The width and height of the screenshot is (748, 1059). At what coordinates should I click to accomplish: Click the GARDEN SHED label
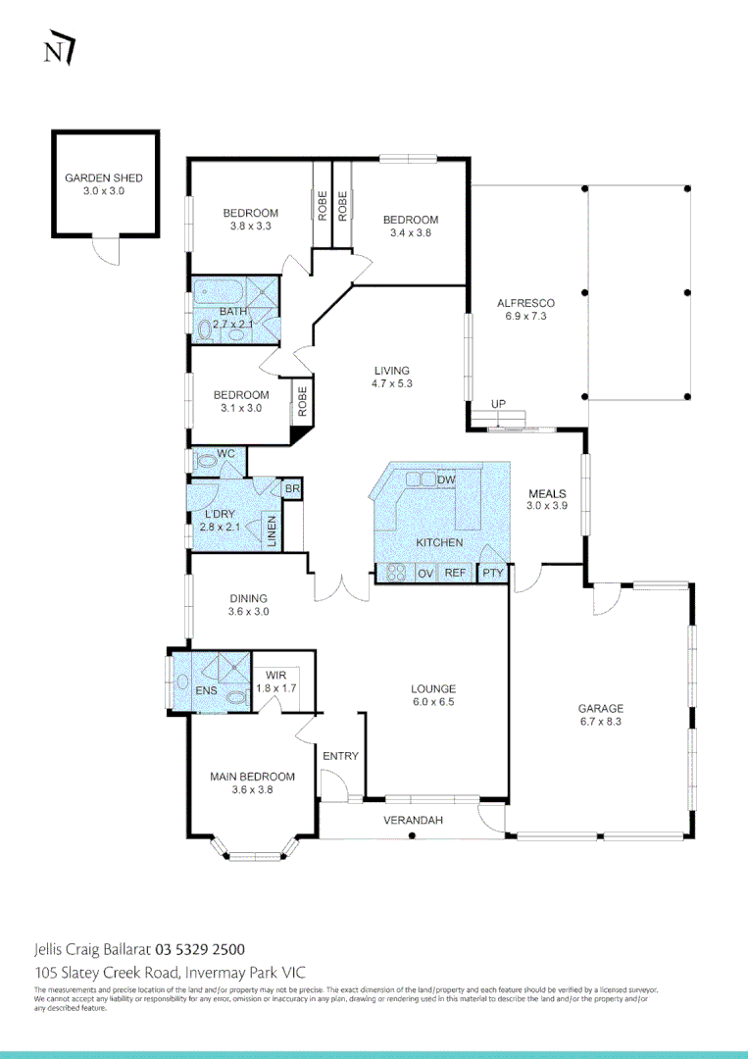point(103,178)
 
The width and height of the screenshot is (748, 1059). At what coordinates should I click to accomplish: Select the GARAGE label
point(600,708)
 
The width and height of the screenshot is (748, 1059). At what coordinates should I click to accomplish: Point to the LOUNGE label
point(432,688)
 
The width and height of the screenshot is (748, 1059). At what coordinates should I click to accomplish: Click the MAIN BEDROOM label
point(252,777)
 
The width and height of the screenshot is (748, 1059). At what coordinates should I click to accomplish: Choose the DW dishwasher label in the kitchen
point(446,479)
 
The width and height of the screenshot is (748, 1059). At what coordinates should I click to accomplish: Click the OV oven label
point(425,573)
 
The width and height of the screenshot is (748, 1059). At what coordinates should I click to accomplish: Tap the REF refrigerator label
point(455,573)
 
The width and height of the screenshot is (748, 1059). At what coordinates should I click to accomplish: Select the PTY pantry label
point(491,573)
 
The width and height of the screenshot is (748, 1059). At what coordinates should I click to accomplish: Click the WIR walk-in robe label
point(275,676)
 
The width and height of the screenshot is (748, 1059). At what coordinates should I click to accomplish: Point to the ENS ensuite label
point(206,691)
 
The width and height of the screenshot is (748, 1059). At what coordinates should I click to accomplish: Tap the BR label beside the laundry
point(291,489)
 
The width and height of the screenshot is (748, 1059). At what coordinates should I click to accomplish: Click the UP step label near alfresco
point(499,405)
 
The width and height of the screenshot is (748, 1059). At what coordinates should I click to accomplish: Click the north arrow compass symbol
point(60,51)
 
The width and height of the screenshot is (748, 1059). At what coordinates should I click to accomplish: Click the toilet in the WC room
point(207,459)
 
